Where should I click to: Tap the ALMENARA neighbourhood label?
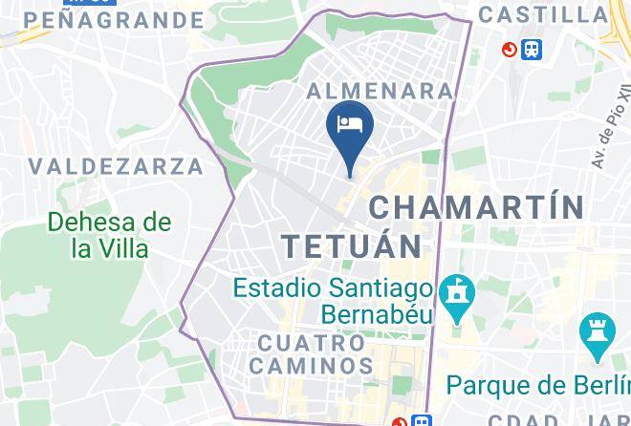380,91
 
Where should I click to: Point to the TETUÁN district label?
353,245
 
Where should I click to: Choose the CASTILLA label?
542,14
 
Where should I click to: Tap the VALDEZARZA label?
116,166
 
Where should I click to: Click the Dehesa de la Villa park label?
111,235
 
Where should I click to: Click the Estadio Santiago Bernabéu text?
335,299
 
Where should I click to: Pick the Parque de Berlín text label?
538,385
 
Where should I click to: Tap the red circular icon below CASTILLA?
509,49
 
